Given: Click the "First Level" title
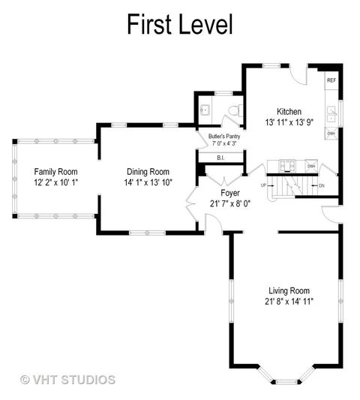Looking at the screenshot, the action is [180, 24].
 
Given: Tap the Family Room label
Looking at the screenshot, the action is [55, 172].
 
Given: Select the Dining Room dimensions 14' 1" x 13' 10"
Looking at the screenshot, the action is [148, 182].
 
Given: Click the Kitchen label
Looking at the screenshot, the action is [289, 112].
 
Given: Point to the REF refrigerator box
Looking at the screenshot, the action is [331, 80].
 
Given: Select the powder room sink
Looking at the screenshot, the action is [205, 110].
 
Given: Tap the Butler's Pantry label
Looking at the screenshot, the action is [224, 137].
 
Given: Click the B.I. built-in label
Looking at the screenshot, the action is [220, 158].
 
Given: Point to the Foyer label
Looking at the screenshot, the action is [230, 193].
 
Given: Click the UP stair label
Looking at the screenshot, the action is [263, 185].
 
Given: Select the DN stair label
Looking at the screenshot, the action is [322, 185].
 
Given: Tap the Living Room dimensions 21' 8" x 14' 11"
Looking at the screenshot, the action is [289, 302].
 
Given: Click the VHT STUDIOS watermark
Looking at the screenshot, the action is [67, 380].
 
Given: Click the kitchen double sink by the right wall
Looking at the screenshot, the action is [331, 115].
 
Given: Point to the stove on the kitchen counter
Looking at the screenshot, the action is [287, 166].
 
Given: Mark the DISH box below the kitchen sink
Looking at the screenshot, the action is [331, 134].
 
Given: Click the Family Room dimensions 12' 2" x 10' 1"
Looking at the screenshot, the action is [55, 182].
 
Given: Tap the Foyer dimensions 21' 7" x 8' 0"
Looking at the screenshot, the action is [230, 204].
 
